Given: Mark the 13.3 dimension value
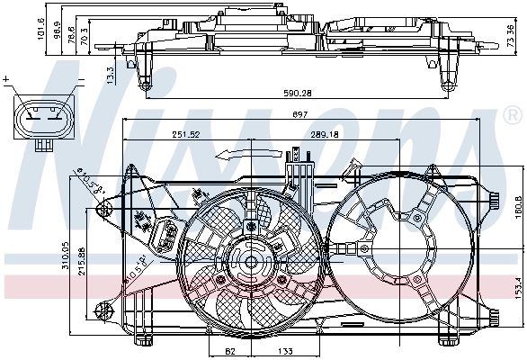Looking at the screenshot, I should (111, 71).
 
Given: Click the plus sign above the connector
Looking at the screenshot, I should (6, 80).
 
